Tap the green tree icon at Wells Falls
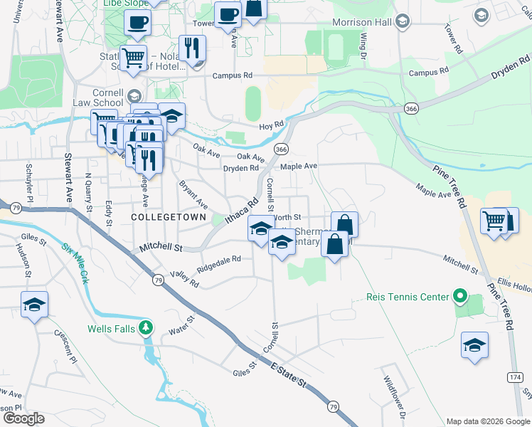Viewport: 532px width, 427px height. point(146,327)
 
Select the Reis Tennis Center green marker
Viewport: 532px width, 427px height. point(459,296)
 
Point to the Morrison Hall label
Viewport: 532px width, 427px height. point(363,22)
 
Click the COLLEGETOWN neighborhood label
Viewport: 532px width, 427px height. point(169,216)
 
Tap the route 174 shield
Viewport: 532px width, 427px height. point(516,376)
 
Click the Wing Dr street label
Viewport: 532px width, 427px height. point(363,45)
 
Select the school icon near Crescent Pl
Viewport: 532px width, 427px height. point(34,305)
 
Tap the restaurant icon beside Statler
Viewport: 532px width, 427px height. point(192,48)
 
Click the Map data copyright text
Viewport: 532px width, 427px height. point(486,421)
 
